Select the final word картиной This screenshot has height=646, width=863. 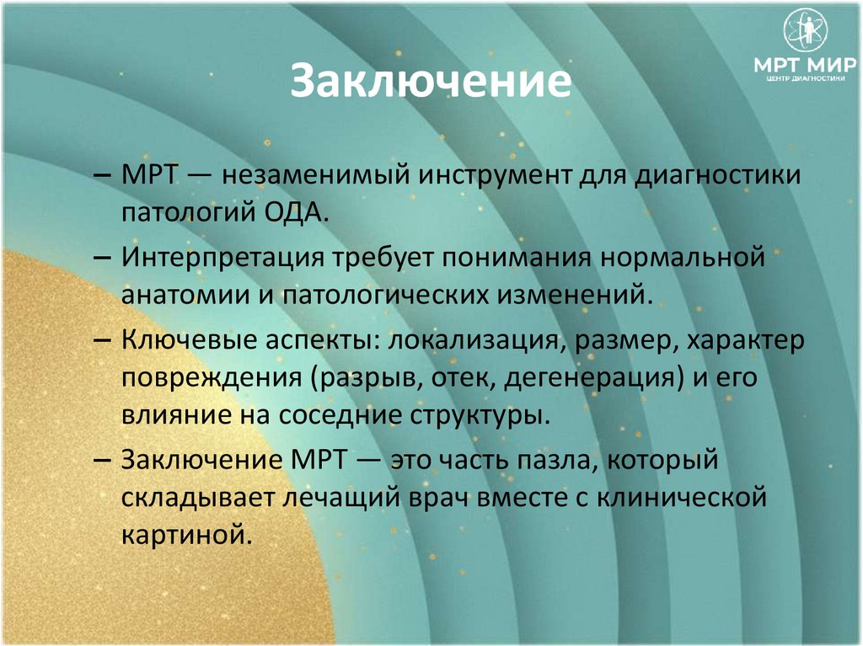(x=187, y=534)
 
